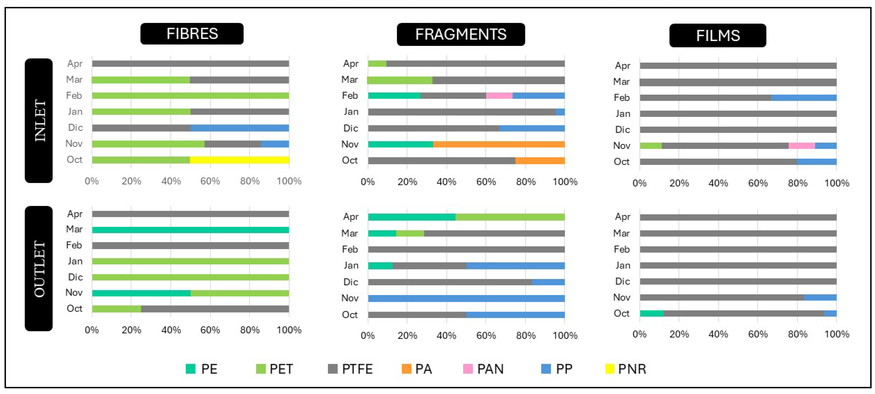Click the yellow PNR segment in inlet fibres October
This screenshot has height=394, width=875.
coord(239,160)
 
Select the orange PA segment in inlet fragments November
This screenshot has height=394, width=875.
coord(499,144)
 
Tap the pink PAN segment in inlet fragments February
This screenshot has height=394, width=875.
coord(499,96)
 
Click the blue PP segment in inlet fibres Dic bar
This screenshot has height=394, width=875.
coord(240,128)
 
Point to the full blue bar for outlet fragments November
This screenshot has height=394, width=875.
coord(466,298)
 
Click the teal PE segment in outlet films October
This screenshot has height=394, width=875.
coord(652,313)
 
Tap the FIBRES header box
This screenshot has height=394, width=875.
coord(192,34)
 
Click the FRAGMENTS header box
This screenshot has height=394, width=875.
coord(461,34)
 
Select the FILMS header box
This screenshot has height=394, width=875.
coord(718,35)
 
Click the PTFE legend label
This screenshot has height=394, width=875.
coord(357,369)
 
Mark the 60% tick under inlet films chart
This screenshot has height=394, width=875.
coord(758,183)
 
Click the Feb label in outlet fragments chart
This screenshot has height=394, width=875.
coord(350,250)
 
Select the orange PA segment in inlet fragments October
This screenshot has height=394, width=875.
coord(540,160)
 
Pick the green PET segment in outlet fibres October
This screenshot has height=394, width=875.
coord(116,309)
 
